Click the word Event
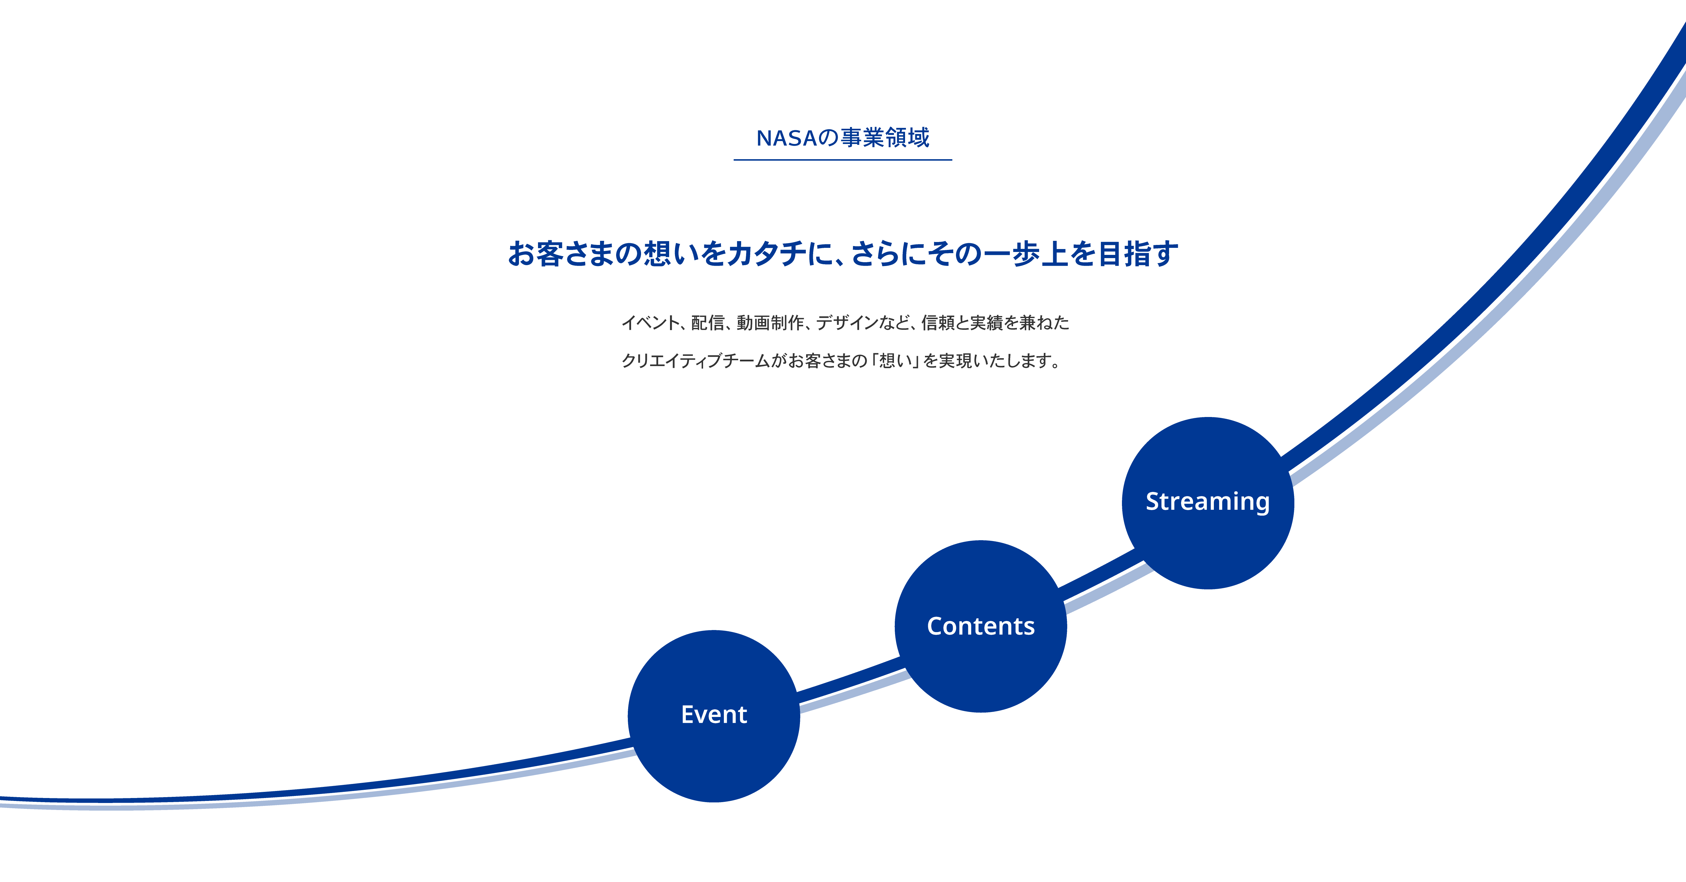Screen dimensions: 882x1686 tap(713, 715)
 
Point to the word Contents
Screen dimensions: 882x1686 tap(981, 626)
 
